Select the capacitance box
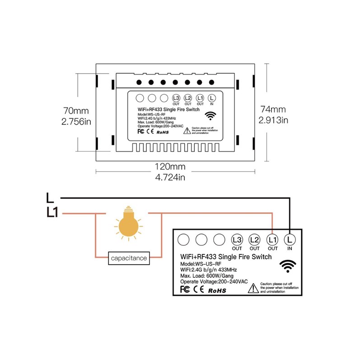128,258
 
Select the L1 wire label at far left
52,212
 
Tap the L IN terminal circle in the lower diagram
289,239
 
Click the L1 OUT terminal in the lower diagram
272,239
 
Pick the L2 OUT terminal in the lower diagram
254,239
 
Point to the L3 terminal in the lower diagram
237,239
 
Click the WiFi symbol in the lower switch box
288,266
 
